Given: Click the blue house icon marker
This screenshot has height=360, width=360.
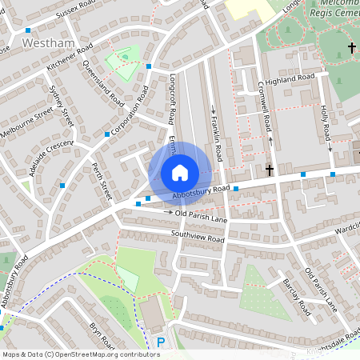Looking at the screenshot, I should [x=180, y=173].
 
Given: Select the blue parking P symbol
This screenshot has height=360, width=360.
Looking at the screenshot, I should [x=161, y=343].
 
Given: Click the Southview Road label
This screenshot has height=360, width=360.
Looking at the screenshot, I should [x=198, y=236].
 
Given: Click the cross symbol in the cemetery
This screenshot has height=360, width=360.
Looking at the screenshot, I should [x=352, y=49].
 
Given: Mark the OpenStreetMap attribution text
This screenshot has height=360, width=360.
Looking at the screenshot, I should [x=70, y=354].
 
